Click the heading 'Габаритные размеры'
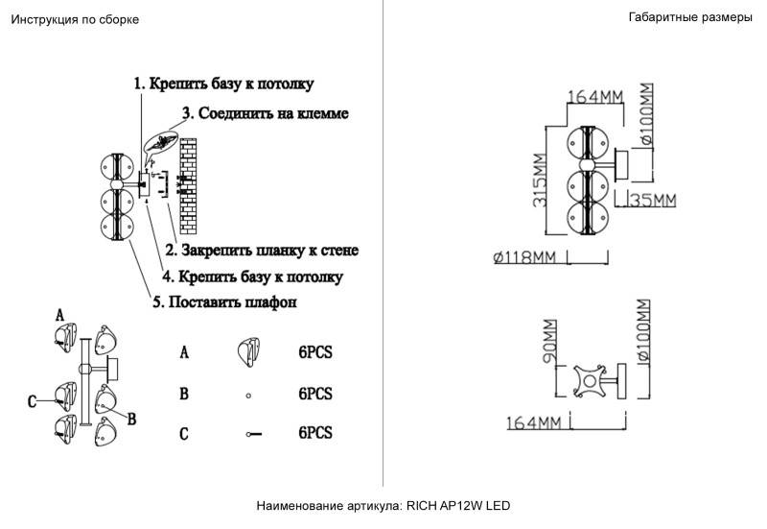point(690,17)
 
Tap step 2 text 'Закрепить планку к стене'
point(262,251)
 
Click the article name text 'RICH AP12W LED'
point(465,505)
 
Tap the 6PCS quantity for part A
point(314,352)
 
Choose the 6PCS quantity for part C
point(314,433)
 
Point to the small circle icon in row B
point(248,395)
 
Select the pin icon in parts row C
point(254,434)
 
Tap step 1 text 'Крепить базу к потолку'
point(223,84)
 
